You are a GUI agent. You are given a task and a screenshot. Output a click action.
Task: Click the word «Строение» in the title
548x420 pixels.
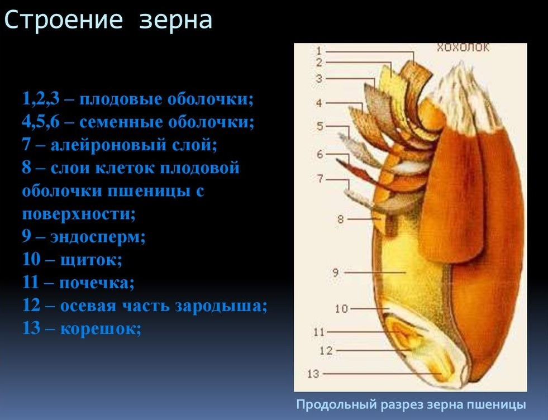[x=64, y=20]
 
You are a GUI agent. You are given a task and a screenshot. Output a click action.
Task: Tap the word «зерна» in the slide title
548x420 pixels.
[x=176, y=20]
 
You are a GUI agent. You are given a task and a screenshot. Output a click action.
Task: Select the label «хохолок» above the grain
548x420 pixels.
[x=463, y=47]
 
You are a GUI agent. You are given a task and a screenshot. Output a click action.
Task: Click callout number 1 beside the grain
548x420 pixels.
[x=319, y=51]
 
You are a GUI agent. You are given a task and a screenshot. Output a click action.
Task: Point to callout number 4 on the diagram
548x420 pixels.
[x=319, y=103]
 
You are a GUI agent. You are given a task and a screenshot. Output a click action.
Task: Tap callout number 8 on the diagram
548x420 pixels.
[x=341, y=219]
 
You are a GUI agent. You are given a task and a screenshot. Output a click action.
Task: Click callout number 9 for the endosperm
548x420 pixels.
[x=336, y=272]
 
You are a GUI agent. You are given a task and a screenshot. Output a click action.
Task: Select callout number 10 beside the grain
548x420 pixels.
[x=341, y=309]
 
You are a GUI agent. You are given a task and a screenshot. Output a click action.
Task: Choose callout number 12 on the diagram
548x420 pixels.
[x=326, y=350]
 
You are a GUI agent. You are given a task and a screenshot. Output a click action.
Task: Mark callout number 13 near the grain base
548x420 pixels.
[x=313, y=374]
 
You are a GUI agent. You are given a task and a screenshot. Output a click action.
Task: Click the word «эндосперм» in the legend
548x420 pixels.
[x=98, y=237]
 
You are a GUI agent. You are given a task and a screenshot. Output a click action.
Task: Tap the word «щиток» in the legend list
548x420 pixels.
[x=91, y=260]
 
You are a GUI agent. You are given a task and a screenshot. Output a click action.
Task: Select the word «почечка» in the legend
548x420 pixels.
[x=97, y=283]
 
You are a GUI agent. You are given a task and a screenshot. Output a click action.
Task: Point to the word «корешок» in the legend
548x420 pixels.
[x=101, y=329]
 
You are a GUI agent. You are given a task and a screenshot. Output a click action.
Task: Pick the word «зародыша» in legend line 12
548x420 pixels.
[x=221, y=306]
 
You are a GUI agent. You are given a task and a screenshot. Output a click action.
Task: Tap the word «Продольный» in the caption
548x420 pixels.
[x=337, y=405]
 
